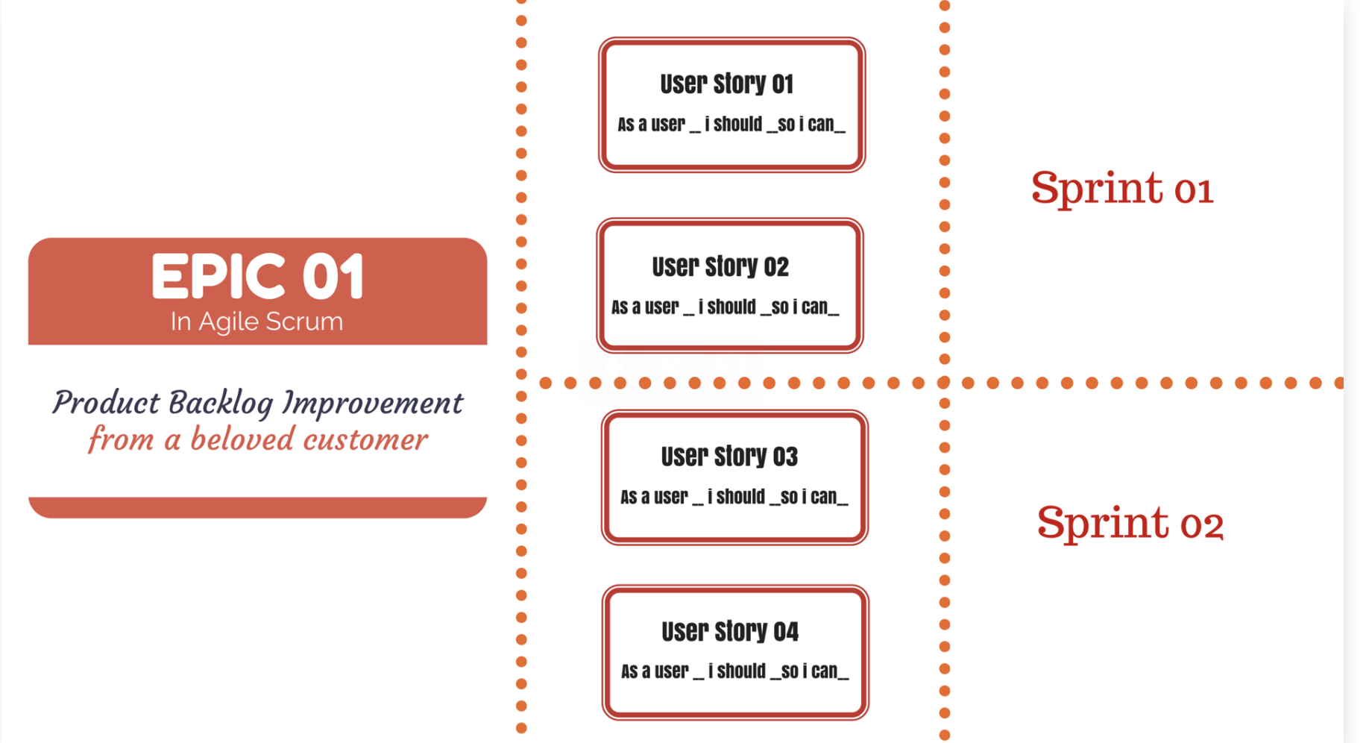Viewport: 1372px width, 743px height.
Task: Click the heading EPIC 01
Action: point(257,277)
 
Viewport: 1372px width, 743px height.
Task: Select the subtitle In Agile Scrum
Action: point(257,322)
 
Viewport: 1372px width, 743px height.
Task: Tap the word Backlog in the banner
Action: point(221,404)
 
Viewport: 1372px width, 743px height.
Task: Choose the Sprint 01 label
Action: point(1122,188)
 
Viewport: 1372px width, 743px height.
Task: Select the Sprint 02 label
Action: point(1130,523)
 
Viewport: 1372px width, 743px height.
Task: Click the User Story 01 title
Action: point(726,84)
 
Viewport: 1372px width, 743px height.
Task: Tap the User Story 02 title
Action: point(720,267)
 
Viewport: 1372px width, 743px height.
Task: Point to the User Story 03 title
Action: point(729,457)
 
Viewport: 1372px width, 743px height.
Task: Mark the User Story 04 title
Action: point(730,632)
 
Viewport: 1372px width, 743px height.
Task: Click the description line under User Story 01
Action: point(731,125)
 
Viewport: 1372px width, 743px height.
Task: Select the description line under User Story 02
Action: point(726,307)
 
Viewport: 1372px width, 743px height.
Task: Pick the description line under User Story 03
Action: point(734,497)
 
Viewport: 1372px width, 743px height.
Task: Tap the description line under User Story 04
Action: point(735,671)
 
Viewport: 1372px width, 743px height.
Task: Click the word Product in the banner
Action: point(106,404)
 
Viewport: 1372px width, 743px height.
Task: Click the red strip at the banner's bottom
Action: point(257,507)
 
